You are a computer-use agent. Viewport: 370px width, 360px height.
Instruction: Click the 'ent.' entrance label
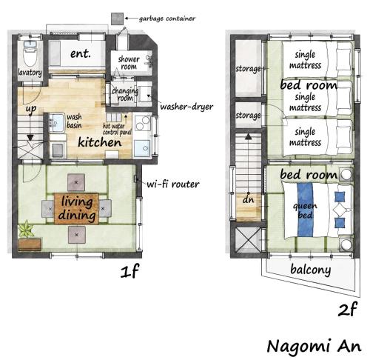pyautogui.click(x=80, y=54)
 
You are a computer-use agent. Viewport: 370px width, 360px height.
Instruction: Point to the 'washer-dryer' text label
pyautogui.click(x=186, y=107)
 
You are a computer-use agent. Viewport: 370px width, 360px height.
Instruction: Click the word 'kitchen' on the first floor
pyautogui.click(x=100, y=141)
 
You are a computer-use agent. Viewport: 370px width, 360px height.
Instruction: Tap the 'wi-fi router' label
pyautogui.click(x=172, y=183)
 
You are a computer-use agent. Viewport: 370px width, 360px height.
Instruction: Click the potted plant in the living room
pyautogui.click(x=28, y=229)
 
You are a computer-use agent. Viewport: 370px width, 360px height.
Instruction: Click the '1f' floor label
pyautogui.click(x=129, y=272)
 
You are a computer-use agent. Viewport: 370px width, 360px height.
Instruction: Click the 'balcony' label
pyautogui.click(x=310, y=270)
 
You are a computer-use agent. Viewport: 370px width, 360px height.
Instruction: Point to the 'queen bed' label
pyautogui.click(x=305, y=210)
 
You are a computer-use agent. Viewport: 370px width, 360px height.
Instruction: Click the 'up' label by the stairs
pyautogui.click(x=31, y=109)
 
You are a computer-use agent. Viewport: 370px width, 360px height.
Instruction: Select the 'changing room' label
pyautogui.click(x=123, y=93)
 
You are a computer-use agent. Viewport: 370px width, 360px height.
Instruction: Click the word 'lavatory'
pyautogui.click(x=30, y=73)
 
